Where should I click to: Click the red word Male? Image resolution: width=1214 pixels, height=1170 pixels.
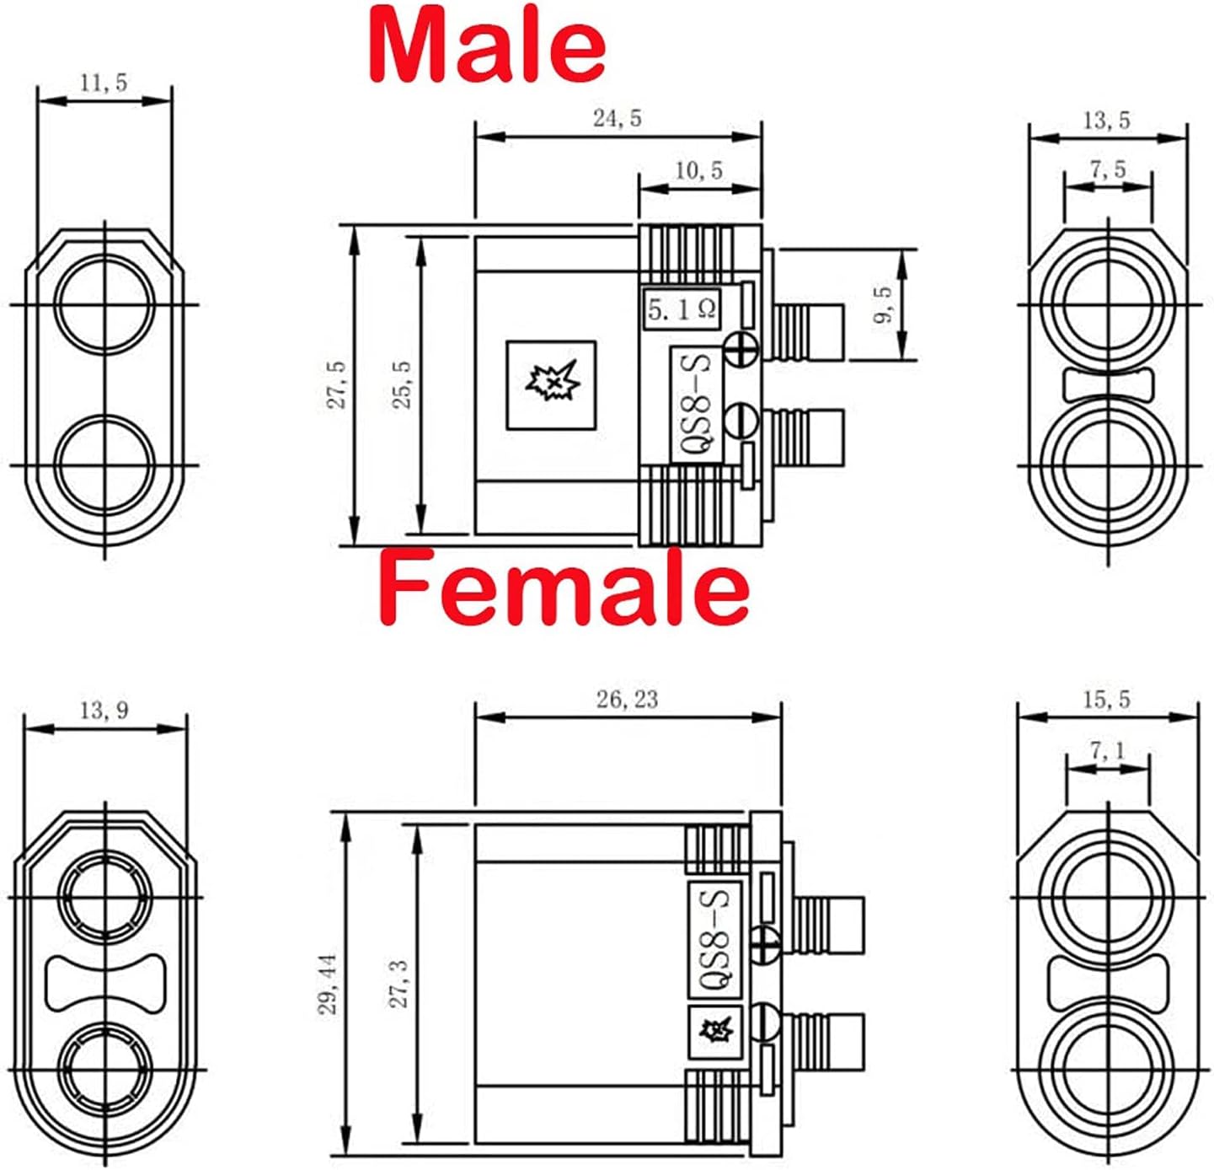pos(487,45)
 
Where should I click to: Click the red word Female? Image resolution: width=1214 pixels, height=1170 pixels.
pos(564,588)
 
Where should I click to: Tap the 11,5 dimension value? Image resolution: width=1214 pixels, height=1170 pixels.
pos(104,83)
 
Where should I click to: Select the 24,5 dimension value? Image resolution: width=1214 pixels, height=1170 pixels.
pos(617,119)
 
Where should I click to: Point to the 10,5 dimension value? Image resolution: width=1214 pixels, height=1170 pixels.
pos(698,169)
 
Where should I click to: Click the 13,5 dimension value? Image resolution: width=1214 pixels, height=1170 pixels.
pos(1107,120)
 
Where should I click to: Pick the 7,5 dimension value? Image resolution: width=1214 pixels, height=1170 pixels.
pos(1108,169)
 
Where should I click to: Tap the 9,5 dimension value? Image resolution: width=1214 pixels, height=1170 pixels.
pos(883,304)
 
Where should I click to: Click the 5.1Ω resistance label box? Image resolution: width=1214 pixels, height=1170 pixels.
pos(682,309)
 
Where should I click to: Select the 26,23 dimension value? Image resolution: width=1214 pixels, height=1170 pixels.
pos(627,700)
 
